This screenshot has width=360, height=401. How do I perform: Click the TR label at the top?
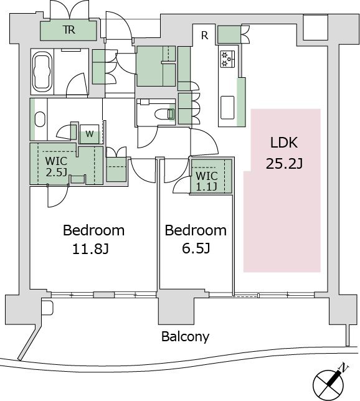click(69, 30)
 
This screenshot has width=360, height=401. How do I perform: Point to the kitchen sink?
click(227, 107)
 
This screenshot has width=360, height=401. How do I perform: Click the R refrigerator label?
click(204, 35)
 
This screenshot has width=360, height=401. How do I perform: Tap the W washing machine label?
click(89, 134)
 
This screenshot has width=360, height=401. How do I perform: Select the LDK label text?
click(284, 143)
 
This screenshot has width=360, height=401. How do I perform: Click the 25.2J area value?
click(284, 163)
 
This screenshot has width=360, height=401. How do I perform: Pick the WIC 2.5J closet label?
click(56, 166)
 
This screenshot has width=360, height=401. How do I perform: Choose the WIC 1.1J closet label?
click(207, 181)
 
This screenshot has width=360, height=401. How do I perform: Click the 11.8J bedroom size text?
click(90, 249)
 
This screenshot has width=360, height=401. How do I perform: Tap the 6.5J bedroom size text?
click(196, 248)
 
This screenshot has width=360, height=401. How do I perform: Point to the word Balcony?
click(185, 337)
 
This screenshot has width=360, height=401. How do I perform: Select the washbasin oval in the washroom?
click(40, 119)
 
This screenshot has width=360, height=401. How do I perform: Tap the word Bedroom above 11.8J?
click(93, 230)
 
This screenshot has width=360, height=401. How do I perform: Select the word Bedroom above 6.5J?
click(196, 230)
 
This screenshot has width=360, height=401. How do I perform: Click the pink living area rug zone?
click(282, 191)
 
